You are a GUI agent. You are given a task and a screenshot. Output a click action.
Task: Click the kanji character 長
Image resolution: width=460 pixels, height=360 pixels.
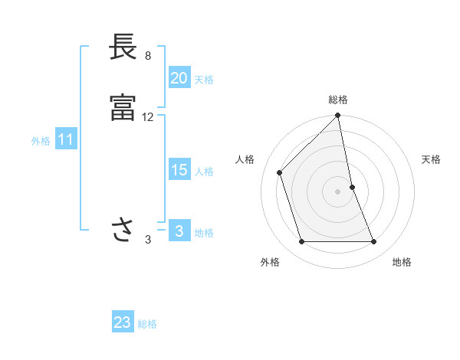click(x=123, y=48)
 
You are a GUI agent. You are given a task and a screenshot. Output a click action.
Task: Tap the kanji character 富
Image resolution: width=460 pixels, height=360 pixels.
click(x=123, y=108)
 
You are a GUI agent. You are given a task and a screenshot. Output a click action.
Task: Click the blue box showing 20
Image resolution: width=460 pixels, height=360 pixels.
click(x=179, y=77)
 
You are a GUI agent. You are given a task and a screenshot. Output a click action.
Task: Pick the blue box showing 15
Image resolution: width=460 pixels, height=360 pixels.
click(x=179, y=170)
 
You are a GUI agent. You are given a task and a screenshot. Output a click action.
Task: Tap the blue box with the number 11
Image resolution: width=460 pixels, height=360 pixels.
click(x=65, y=140)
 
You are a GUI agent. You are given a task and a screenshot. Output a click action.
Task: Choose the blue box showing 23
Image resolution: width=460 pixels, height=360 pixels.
click(x=123, y=322)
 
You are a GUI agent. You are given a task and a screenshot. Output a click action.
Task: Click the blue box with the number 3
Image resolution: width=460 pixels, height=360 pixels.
click(x=179, y=231)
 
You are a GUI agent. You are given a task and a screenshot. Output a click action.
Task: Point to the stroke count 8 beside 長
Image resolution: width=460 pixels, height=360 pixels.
click(x=147, y=57)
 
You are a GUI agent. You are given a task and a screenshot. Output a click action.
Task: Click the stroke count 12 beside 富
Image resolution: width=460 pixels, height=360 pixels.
click(x=148, y=117)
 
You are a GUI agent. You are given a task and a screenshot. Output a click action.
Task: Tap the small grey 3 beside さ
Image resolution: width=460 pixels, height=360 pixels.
click(x=148, y=240)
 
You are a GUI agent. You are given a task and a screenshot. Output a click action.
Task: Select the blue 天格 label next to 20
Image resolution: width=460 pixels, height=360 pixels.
click(x=204, y=79)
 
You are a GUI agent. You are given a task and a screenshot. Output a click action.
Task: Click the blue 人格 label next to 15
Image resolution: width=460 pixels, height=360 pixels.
click(x=204, y=172)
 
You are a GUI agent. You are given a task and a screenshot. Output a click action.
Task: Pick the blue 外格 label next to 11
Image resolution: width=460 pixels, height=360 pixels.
click(x=41, y=141)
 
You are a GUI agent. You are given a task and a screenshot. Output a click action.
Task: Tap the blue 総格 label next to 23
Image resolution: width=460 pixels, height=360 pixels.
click(x=147, y=324)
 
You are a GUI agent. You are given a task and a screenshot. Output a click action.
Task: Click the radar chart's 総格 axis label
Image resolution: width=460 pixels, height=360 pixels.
click(x=338, y=100)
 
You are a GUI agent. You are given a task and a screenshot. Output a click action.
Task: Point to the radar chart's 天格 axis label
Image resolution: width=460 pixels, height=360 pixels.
click(x=432, y=159)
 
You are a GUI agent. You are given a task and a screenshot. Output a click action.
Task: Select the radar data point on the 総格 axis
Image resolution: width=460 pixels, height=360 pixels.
click(x=338, y=116)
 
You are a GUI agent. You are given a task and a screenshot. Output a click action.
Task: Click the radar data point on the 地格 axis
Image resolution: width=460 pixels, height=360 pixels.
click(x=374, y=242)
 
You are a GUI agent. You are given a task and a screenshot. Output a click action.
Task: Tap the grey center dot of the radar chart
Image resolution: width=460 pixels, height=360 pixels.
click(x=338, y=191)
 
